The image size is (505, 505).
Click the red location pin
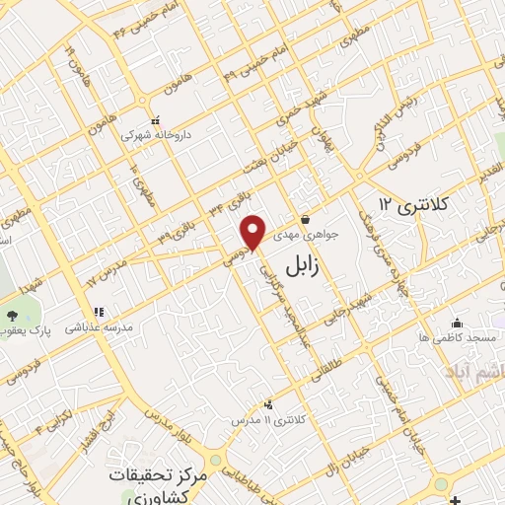pos(253,232)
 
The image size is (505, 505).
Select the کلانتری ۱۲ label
pos(413,205)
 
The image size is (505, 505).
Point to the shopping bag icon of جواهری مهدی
pos(306,219)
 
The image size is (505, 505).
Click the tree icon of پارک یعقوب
pos(12,316)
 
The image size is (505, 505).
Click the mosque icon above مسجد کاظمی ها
pos(456,323)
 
